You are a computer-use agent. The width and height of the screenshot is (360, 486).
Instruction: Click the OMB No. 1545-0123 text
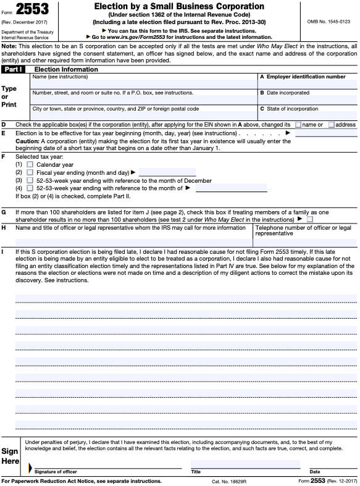(x=328, y=22)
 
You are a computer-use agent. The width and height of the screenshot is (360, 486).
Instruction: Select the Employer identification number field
(x=308, y=85)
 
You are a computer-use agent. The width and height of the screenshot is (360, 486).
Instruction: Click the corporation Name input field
(x=143, y=85)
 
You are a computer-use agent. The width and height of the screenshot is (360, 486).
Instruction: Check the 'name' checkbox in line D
(x=298, y=125)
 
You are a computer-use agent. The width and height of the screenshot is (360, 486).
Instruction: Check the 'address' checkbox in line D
(x=332, y=125)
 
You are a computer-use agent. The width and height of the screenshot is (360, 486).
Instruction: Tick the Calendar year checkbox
(x=30, y=165)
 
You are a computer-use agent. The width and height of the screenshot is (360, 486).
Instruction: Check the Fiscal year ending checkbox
(x=30, y=173)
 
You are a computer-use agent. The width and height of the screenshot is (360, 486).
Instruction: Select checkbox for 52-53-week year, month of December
(x=30, y=181)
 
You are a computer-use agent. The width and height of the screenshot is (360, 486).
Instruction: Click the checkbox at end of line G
(x=310, y=219)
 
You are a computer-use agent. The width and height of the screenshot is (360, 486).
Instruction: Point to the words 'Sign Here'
(x=10, y=456)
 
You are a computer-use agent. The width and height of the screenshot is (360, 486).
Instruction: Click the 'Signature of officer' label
(x=56, y=472)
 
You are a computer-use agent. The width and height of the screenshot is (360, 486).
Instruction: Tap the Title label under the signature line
(x=196, y=472)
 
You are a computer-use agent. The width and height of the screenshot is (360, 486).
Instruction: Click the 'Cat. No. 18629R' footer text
(x=229, y=481)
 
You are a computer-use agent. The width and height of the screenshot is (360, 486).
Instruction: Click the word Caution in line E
(x=27, y=141)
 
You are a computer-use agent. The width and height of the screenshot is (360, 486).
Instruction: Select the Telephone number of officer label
(x=303, y=228)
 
